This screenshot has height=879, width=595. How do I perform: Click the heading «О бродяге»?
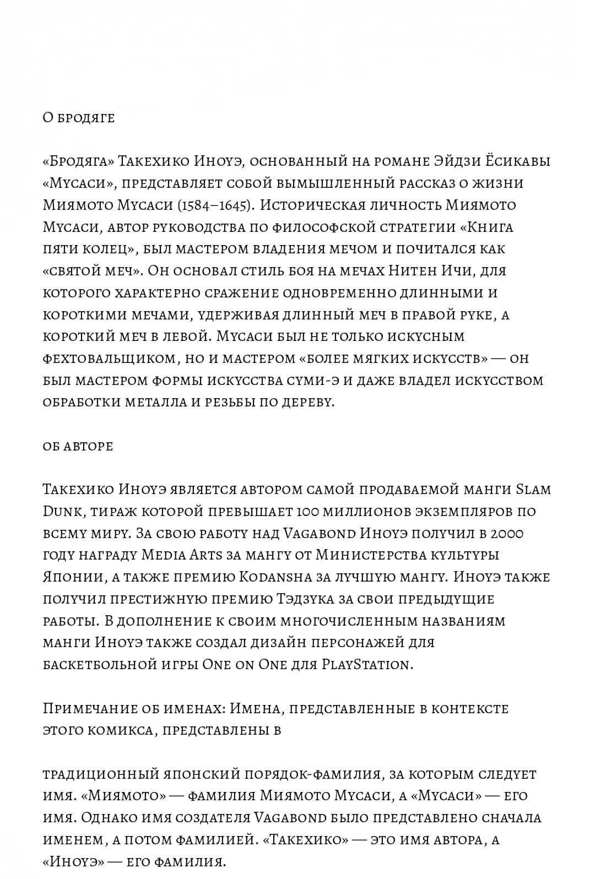point(78,118)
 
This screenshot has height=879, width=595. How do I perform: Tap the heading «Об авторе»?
point(78,446)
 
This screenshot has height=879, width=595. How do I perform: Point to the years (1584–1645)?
point(214,205)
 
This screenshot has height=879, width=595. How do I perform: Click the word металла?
point(155,403)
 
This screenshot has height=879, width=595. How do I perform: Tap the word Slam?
point(533,490)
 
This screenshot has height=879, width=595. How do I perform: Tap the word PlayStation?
point(366,665)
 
